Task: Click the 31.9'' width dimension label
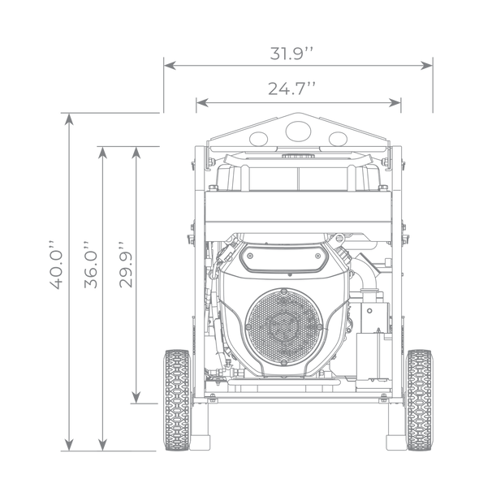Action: point(291,54)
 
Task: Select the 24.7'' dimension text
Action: point(291,88)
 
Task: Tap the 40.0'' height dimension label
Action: point(55,265)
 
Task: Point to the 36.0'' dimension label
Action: point(90,265)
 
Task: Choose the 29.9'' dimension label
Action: point(125,265)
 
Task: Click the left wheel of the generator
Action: point(177,400)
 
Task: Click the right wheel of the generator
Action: point(419,400)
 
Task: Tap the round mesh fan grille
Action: point(284,326)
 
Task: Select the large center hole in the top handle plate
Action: point(299,132)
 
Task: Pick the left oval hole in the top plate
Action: point(259,139)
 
